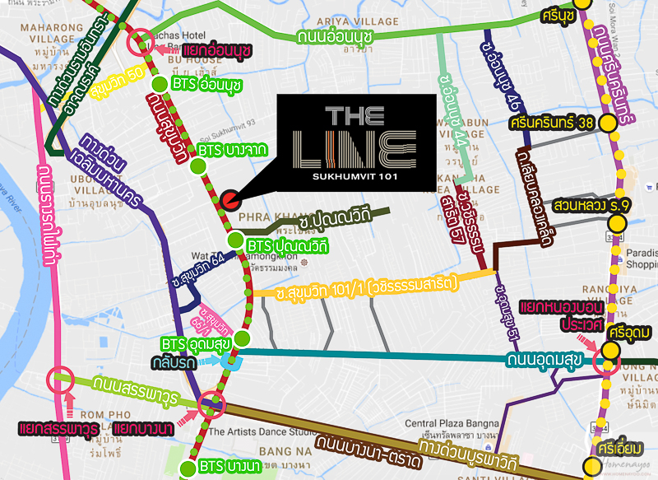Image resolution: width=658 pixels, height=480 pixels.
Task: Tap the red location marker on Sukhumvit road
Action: click(x=229, y=198)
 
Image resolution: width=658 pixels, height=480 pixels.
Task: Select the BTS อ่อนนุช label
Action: click(x=206, y=84)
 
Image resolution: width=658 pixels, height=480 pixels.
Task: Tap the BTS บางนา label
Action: click(x=230, y=468)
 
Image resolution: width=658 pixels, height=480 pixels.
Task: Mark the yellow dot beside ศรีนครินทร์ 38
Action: click(x=608, y=124)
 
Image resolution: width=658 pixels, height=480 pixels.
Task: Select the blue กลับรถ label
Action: click(x=192, y=361)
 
